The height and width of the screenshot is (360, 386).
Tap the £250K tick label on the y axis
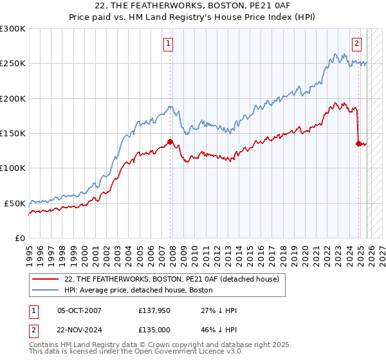pos(13,64)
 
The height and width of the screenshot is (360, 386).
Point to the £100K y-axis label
pos(13,168)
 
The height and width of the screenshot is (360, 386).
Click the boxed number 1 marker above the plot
pos(168,44)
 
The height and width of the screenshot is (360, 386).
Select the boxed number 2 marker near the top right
pos(356,44)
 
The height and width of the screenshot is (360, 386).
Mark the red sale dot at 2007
pos(170,142)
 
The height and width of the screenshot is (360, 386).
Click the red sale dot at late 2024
pos(358,144)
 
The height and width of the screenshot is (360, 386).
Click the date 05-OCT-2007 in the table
pos(79,310)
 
